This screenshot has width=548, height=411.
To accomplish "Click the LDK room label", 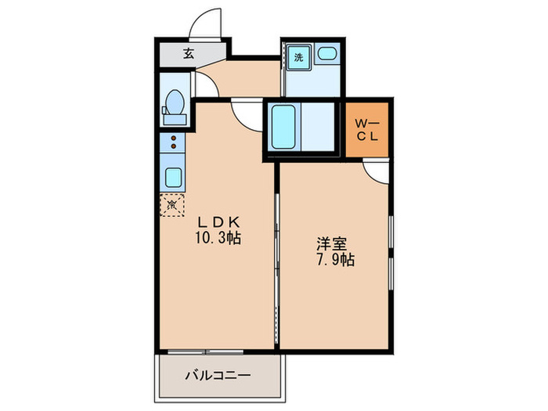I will [212, 222].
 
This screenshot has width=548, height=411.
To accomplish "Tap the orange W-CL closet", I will [368, 129].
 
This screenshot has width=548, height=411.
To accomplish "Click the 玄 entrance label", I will [189, 54].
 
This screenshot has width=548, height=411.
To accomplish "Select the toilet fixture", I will [175, 106].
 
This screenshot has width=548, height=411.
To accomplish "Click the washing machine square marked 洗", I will [298, 56].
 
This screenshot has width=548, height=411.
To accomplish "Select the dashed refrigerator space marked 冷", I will [172, 204].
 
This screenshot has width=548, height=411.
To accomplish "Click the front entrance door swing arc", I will [207, 23].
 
